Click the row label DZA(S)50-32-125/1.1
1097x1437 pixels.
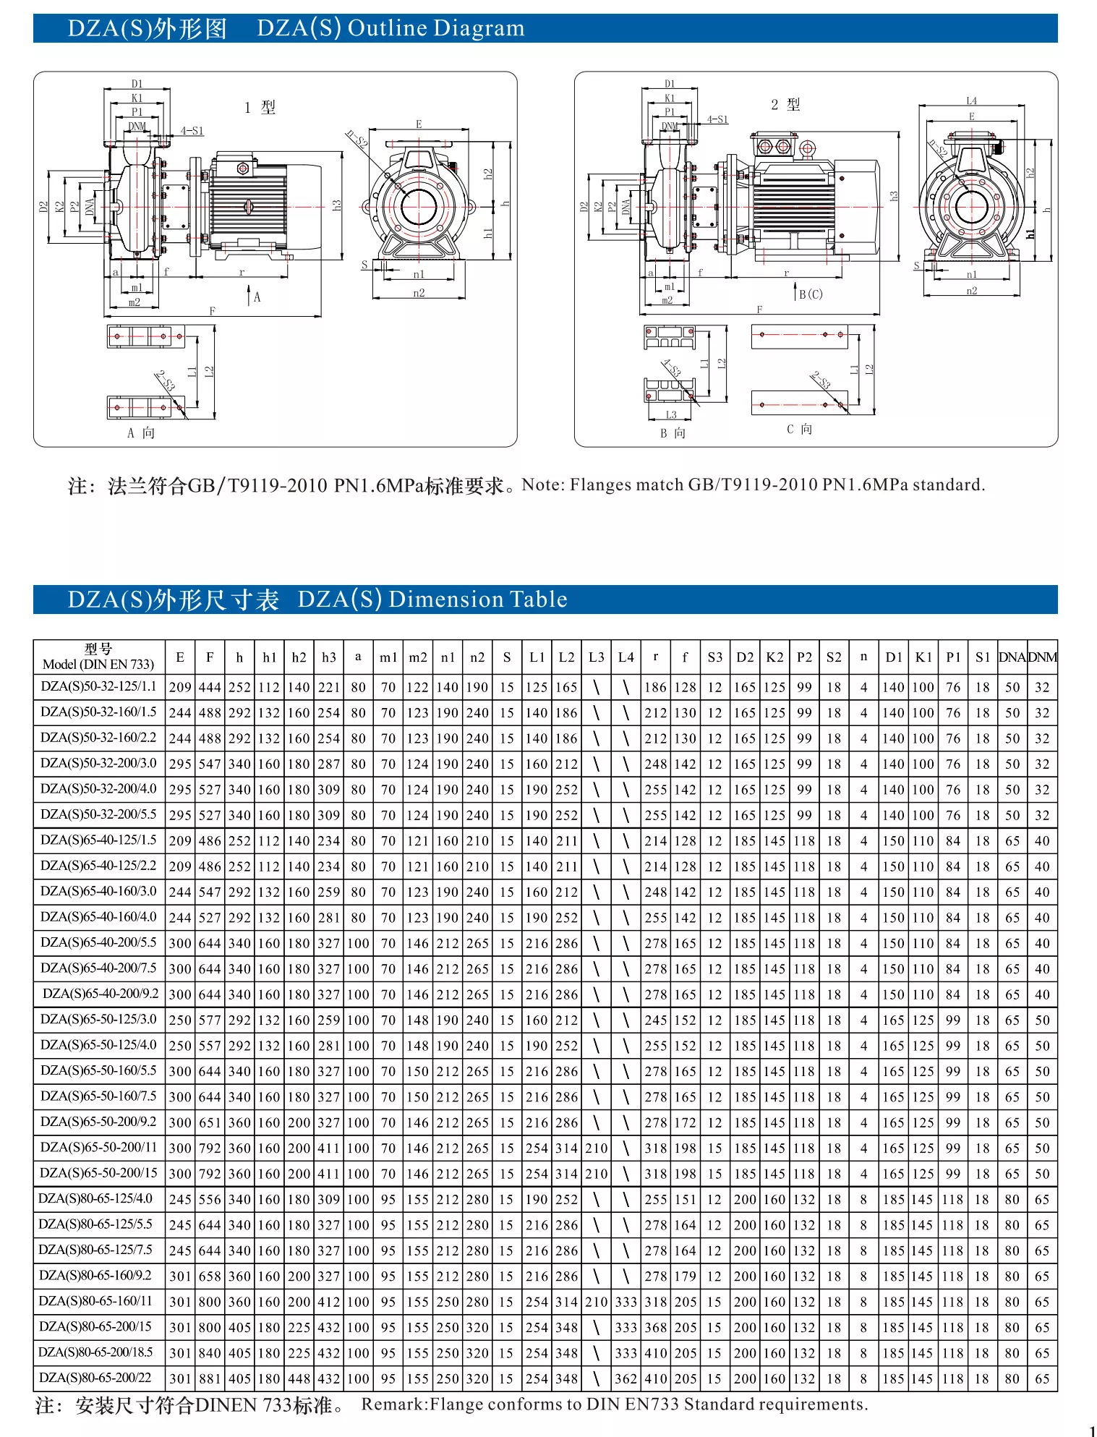(x=98, y=686)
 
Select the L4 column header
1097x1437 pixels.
(x=626, y=657)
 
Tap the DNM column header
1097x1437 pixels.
(x=1042, y=657)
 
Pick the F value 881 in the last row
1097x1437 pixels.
(x=210, y=1378)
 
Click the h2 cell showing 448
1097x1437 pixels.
(x=299, y=1378)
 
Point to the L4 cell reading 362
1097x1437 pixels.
(x=626, y=1378)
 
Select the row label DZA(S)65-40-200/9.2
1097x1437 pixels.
(x=101, y=994)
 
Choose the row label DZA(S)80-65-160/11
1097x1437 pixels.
(x=95, y=1301)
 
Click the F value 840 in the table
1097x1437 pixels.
(x=210, y=1353)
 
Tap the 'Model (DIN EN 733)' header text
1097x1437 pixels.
(x=98, y=665)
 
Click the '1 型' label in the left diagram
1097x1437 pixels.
(x=260, y=108)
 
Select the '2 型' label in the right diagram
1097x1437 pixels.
(x=785, y=105)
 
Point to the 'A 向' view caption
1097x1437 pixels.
(x=141, y=432)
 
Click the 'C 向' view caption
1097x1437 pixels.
(x=799, y=429)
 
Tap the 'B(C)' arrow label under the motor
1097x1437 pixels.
(x=811, y=294)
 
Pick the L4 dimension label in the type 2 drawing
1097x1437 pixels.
(x=971, y=101)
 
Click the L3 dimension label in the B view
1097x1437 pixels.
(x=671, y=414)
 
